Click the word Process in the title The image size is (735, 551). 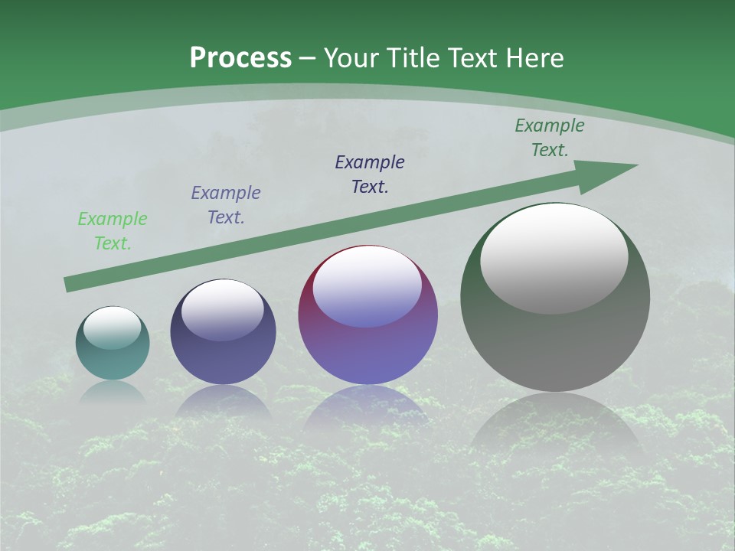click(240, 57)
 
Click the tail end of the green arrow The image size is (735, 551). click(69, 284)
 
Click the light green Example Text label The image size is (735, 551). click(113, 231)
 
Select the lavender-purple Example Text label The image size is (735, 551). click(226, 205)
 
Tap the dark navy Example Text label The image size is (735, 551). click(370, 174)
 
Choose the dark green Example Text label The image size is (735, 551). click(550, 138)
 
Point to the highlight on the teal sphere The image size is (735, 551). click(113, 328)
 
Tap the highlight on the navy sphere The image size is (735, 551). click(223, 310)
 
